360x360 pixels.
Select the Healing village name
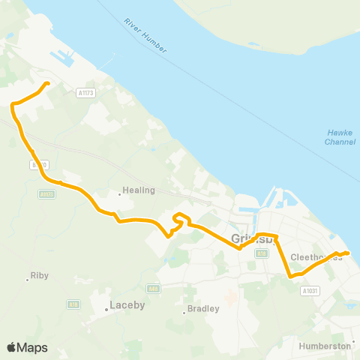click(x=140, y=190)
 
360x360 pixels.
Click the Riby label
click(x=40, y=275)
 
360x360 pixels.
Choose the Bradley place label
click(x=204, y=308)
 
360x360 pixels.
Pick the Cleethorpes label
click(x=316, y=256)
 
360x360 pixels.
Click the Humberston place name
click(x=325, y=346)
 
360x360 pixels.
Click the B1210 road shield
click(x=39, y=163)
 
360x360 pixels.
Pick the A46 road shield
click(x=153, y=287)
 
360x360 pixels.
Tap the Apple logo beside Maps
click(x=12, y=347)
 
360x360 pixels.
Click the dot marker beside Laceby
click(x=106, y=309)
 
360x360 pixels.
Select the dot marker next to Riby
click(x=28, y=279)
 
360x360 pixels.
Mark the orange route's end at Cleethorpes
click(x=348, y=253)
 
